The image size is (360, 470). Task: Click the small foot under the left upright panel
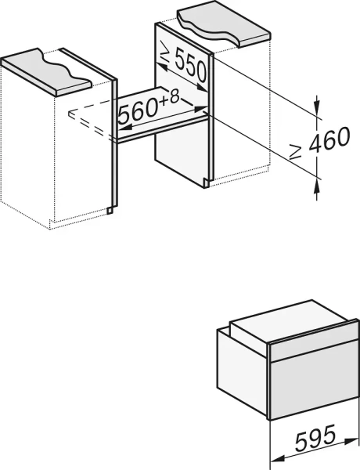click(x=112, y=209)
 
